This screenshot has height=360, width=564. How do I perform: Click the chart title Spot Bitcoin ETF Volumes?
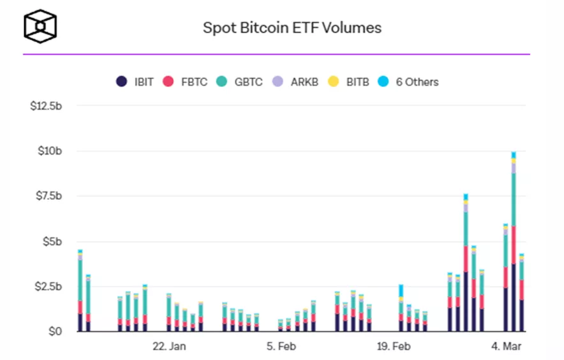tap(292, 28)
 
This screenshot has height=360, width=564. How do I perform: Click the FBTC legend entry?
tap(186, 82)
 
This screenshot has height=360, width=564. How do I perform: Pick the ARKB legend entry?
tap(294, 82)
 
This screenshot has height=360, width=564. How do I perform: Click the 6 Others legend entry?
tap(408, 82)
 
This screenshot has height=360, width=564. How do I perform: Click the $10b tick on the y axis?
tap(51, 151)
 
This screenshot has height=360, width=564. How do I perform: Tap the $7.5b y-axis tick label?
tap(48, 196)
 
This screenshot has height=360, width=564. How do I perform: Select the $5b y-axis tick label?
tap(53, 241)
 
